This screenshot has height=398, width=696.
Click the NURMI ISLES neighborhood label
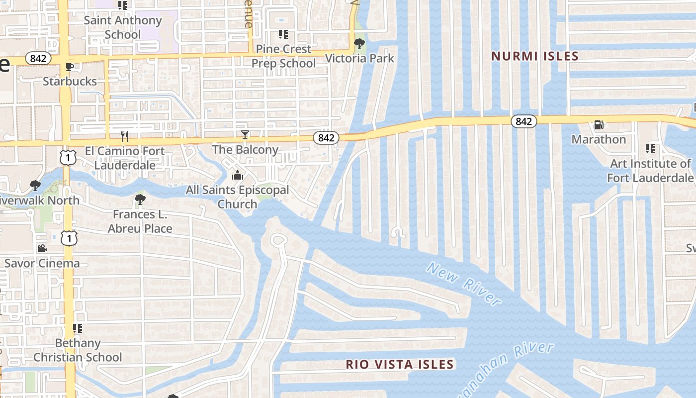(535, 56)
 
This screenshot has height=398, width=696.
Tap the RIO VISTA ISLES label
(400, 365)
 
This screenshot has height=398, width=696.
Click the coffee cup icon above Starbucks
(70, 67)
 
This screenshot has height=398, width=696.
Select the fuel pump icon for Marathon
(599, 125)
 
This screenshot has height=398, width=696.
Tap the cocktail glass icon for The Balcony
(245, 135)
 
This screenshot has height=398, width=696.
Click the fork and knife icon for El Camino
(125, 136)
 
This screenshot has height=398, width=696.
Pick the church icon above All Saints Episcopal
(238, 176)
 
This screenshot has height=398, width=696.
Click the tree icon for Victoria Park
(359, 44)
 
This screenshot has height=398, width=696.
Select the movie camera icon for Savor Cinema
(42, 248)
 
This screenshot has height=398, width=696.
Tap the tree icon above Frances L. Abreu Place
(140, 200)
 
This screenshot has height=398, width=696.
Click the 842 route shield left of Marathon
(523, 121)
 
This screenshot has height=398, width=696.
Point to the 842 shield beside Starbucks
(38, 59)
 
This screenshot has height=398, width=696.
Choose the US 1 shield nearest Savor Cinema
(69, 239)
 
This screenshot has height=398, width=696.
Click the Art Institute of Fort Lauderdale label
(650, 171)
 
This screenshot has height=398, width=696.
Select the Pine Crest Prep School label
(283, 56)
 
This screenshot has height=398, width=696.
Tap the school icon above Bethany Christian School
(77, 328)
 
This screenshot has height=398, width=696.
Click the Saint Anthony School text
(122, 27)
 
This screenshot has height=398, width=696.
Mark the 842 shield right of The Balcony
(326, 138)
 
